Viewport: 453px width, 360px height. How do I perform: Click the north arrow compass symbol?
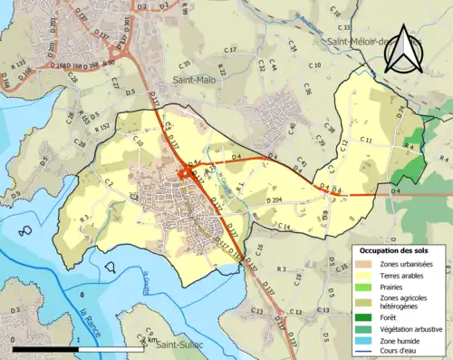[402, 54]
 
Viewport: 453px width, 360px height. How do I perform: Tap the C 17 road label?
[230, 50]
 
